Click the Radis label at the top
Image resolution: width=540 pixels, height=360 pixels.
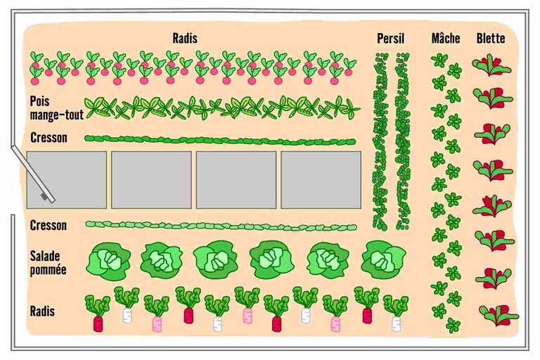pos(185,39)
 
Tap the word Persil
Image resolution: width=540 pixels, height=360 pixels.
pos(390,39)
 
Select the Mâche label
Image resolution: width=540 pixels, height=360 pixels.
pos(446,39)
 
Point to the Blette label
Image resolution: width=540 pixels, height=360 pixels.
pos(490,39)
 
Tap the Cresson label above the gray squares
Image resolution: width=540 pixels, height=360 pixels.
pos(49,137)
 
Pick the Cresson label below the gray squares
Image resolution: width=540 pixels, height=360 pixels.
pos(49,225)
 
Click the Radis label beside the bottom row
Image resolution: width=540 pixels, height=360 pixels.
pos(43,310)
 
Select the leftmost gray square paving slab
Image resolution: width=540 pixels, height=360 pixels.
pos(67,179)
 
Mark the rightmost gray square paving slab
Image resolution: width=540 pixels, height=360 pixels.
pos(321,179)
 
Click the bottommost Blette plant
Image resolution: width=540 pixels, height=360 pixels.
pos(498,314)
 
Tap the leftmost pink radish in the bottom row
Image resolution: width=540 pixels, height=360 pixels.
pos(157,314)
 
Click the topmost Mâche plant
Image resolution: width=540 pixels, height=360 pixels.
pos(439,60)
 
